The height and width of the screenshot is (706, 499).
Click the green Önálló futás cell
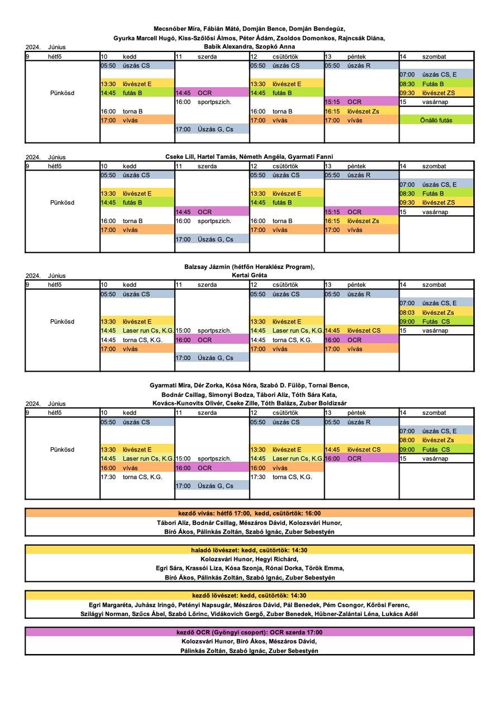pyautogui.click(x=436, y=120)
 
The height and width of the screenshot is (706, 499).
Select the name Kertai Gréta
pyautogui.click(x=249, y=276)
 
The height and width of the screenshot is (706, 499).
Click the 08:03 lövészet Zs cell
pyautogui.click(x=436, y=312)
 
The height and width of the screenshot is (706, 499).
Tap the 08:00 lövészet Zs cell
pyautogui.click(x=436, y=440)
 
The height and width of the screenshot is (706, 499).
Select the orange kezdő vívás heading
pyautogui.click(x=249, y=513)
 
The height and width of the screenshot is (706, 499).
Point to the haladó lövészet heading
pyautogui.click(x=249, y=551)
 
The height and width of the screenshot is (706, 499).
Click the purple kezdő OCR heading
pyautogui.click(x=249, y=633)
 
